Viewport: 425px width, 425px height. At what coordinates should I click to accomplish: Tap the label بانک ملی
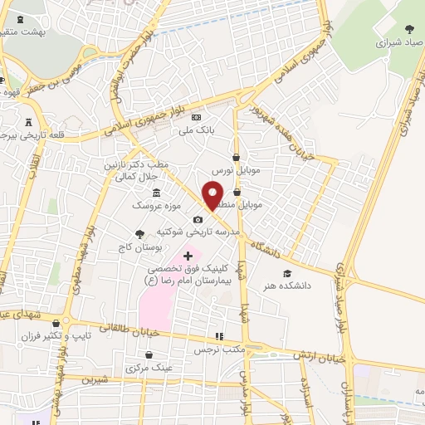tap(199, 130)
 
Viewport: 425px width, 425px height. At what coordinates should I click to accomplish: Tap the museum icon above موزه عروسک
tap(157, 193)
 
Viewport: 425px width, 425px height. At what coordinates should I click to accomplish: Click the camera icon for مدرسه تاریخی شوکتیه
tap(198, 220)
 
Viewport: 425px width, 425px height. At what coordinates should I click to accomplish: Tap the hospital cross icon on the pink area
tap(188, 255)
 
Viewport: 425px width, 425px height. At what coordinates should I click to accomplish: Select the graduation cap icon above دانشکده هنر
tap(287, 274)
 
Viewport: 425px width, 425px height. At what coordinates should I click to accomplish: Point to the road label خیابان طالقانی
tap(100, 328)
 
